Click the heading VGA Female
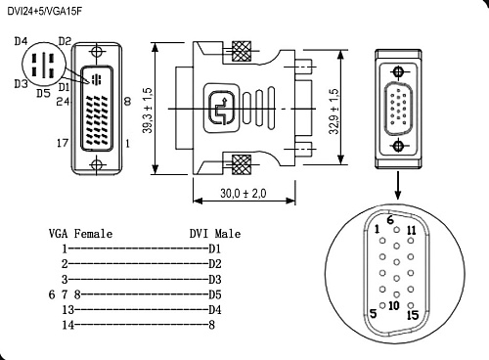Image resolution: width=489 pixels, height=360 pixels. (x=80, y=234)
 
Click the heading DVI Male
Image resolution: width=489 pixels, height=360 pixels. (x=214, y=234)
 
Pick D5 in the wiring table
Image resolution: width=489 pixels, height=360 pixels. (x=215, y=293)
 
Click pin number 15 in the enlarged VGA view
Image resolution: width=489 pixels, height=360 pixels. (x=412, y=315)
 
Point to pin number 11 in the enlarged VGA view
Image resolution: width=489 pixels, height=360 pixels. (x=411, y=231)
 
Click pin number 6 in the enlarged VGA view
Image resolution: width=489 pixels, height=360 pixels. (x=390, y=221)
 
